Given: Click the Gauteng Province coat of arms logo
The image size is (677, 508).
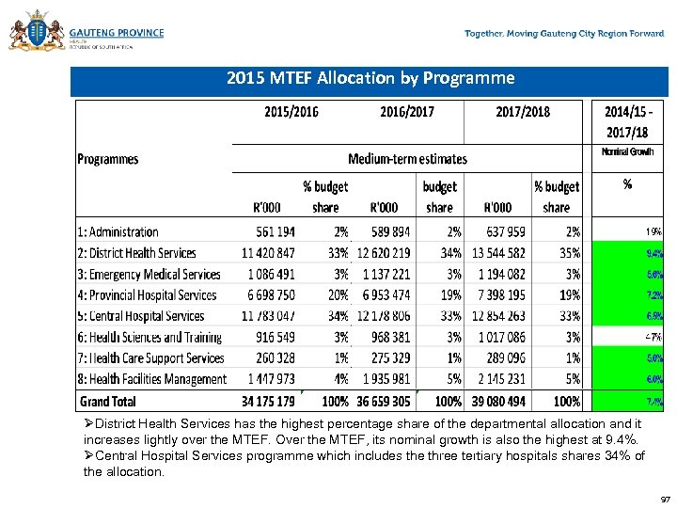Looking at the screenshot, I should pos(36,32).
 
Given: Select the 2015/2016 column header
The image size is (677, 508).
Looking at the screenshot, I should pos(291,112).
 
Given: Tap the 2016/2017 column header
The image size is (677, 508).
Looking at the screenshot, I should pos(407,112).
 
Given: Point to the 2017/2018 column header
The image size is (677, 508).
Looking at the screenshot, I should pos(523,112).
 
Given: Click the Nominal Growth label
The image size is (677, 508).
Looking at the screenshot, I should pos(627,151).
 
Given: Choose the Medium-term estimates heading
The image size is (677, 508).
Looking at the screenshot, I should pos(407,159).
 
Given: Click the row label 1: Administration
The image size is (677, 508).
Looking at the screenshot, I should pos(118,231).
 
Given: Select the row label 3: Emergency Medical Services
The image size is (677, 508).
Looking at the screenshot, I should pos(149,274).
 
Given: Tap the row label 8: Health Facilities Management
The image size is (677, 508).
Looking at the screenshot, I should pos(151,379).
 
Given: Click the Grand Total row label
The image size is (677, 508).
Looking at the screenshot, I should pos(106,401).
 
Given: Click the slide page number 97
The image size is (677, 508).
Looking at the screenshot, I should pos(665,500).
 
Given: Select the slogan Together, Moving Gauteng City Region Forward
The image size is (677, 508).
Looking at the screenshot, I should pos(564,34).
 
